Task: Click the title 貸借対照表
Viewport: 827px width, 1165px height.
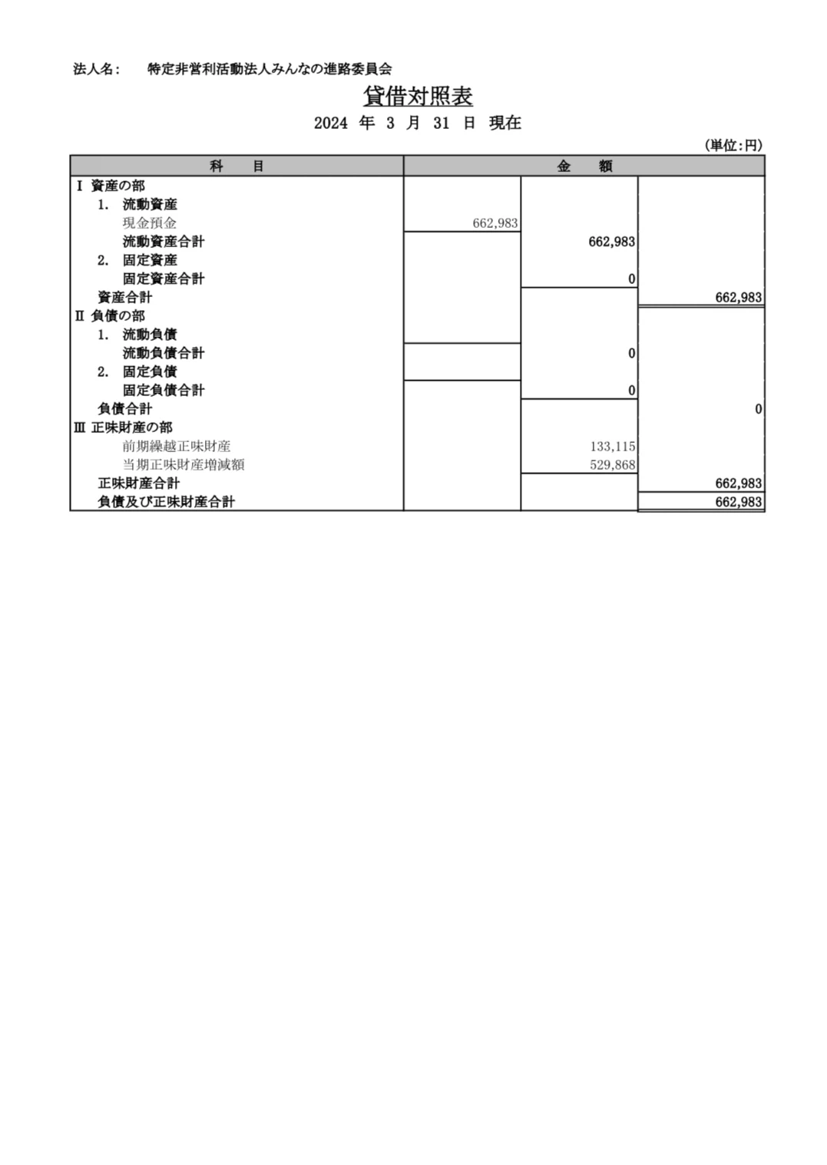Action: point(418,96)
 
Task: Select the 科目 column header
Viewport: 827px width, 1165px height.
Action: point(237,166)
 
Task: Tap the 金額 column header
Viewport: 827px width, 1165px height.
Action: point(584,166)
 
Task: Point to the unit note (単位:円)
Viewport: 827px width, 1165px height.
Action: point(733,145)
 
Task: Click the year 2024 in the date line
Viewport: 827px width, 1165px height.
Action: point(330,124)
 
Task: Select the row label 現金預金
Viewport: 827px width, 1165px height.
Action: point(150,223)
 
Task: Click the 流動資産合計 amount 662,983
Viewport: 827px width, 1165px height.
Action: point(611,241)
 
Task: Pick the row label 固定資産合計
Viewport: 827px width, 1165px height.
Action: point(164,279)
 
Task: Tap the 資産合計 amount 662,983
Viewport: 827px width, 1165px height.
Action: point(739,298)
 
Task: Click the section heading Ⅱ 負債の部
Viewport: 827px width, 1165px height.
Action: point(110,315)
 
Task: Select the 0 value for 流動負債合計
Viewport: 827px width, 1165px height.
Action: point(631,353)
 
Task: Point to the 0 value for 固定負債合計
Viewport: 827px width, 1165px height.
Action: point(631,390)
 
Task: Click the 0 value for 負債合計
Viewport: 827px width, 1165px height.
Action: point(759,409)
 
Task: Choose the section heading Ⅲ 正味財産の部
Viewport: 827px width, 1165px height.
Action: point(124,427)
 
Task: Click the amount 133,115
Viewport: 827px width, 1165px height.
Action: point(613,446)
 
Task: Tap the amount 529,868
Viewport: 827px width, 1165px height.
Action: point(613,464)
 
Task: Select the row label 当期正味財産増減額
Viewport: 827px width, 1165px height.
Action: point(184,464)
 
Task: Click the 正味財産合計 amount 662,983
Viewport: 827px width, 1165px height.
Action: point(739,483)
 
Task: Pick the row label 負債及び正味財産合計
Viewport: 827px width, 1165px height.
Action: point(166,502)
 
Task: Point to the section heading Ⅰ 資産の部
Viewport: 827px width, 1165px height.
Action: point(111,186)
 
